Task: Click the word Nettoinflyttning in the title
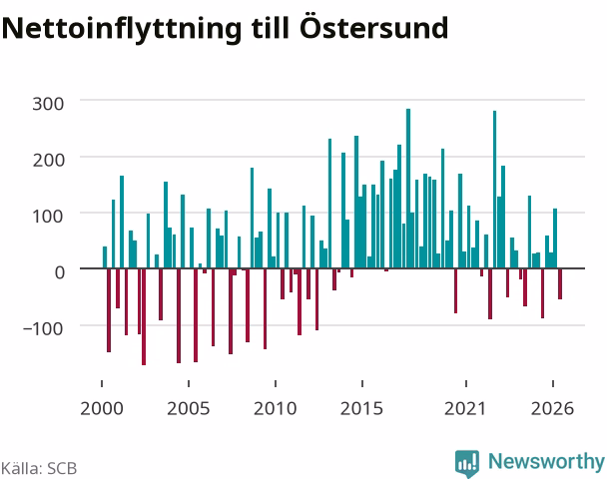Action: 122,29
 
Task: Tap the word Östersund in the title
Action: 373,27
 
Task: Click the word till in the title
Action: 271,28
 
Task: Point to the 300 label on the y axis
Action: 48,104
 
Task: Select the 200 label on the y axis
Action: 48,160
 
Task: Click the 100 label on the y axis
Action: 48,216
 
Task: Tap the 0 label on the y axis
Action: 59,272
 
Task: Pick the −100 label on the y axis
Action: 43,328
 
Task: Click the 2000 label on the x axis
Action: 102,408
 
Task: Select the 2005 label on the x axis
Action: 188,408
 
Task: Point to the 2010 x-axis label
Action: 275,408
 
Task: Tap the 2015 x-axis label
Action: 361,408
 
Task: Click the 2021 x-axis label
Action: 465,408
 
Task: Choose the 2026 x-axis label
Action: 552,408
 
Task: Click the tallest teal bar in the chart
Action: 408,189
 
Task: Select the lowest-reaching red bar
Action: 144,316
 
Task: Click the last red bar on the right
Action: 560,283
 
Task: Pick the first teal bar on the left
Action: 105,257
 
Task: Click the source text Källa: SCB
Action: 39,468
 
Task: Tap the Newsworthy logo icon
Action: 467,463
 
